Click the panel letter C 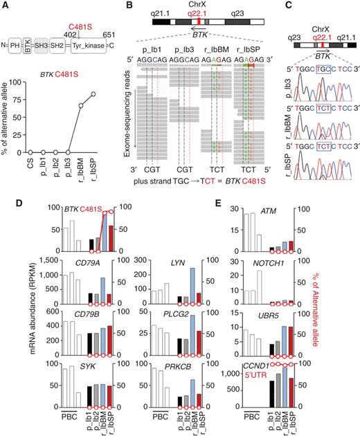coord(283,6)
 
